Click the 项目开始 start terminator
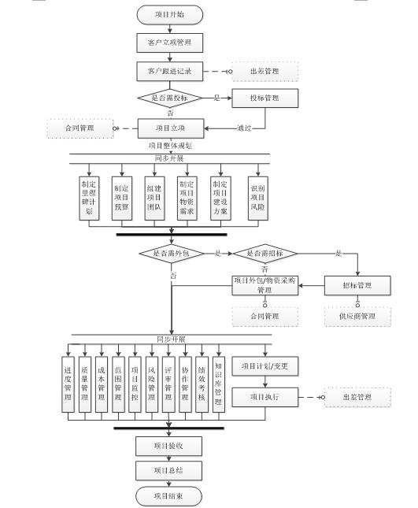tap(169, 14)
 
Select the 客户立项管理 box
tap(169, 42)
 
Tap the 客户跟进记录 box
tap(169, 71)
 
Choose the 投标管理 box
tap(265, 98)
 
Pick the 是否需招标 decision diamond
tap(265, 254)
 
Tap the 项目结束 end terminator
tap(169, 496)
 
